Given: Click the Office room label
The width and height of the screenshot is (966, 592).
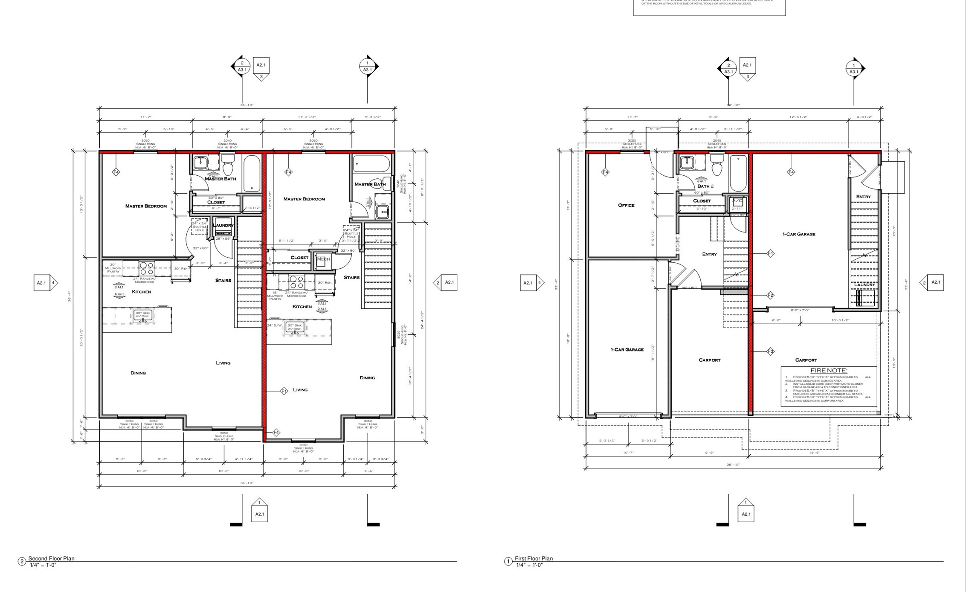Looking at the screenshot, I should (x=626, y=205).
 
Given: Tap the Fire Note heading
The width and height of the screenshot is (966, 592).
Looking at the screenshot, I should (x=828, y=371).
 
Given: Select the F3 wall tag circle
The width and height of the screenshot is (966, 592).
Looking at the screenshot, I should (x=770, y=351).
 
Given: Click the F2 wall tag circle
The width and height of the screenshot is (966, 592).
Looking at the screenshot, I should (x=770, y=295).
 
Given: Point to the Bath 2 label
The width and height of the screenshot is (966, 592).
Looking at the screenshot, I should (x=705, y=186).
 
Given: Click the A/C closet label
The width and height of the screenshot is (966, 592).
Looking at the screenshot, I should (x=737, y=200).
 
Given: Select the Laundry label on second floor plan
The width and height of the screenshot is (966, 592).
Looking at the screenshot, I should (x=223, y=225).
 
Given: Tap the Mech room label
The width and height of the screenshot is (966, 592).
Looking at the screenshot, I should (x=323, y=259).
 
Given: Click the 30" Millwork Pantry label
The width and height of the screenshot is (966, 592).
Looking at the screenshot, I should (x=113, y=268).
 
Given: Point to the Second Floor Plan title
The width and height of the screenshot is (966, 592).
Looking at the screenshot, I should (x=51, y=558).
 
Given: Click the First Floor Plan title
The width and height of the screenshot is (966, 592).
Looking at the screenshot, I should (x=534, y=558).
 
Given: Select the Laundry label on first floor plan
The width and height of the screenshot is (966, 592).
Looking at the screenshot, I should (x=864, y=285).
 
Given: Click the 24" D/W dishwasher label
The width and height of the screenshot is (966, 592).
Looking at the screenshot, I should (x=275, y=325).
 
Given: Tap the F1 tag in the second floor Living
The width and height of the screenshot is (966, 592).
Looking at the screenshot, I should (x=284, y=391).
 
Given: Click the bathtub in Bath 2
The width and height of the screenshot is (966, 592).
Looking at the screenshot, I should (x=738, y=173).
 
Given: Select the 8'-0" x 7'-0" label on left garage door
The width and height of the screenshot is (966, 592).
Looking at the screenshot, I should (x=628, y=417).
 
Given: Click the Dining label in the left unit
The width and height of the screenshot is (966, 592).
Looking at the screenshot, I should (x=138, y=373).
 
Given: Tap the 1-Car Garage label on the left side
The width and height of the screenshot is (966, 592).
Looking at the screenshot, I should (x=627, y=350).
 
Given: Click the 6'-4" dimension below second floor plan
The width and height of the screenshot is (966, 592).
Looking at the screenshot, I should (x=369, y=471).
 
